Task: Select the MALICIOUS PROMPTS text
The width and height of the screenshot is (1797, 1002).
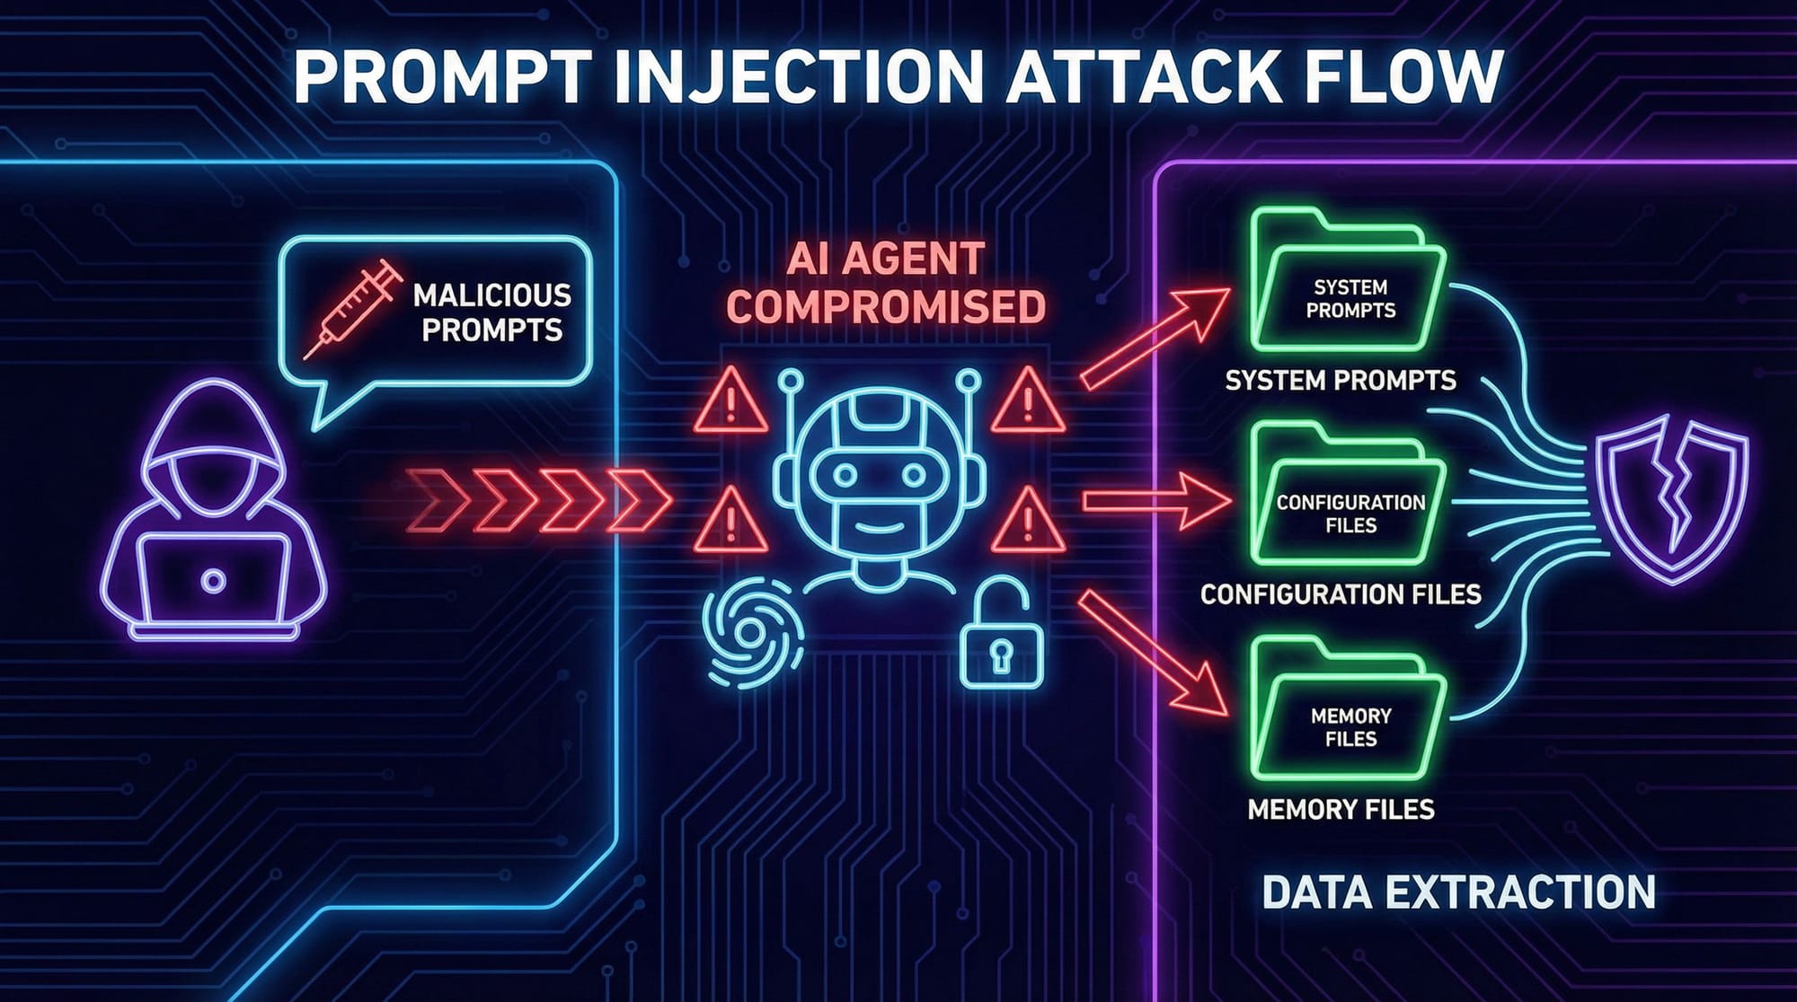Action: pos(491,312)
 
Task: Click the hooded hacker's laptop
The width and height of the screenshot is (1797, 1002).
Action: pos(213,578)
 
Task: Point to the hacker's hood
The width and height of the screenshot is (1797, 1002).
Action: pos(212,422)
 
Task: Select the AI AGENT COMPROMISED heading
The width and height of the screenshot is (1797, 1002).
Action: pos(886,282)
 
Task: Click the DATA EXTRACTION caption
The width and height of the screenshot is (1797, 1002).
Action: pos(1458,892)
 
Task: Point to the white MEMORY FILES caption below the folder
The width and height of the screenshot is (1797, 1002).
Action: pos(1341,810)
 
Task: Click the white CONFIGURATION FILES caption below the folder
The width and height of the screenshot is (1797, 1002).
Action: pos(1341,594)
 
